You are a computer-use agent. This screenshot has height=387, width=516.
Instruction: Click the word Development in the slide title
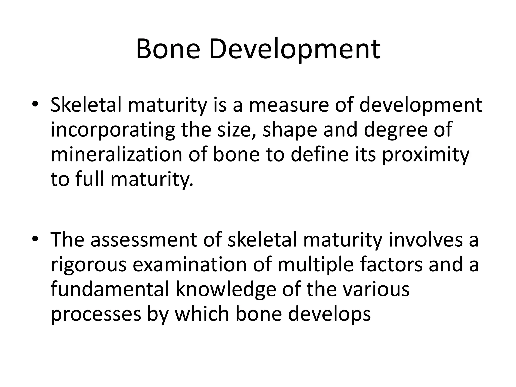pos(295,50)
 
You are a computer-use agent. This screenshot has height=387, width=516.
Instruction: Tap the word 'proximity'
pos(426,155)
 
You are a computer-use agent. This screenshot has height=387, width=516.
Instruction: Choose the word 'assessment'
pos(144,239)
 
